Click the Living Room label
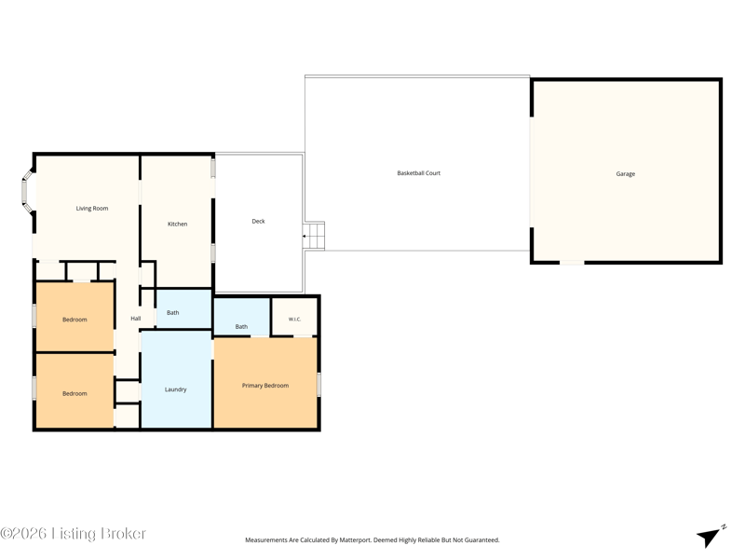92,208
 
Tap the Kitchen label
178,224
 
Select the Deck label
259,221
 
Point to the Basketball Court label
418,173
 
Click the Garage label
625,174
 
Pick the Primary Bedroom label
265,386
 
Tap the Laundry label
176,389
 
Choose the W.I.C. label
294,319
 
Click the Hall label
136,319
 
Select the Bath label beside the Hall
173,313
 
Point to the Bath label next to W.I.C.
241,327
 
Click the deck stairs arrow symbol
305,236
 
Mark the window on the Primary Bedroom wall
318,385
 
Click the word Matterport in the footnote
355,540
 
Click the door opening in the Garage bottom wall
572,262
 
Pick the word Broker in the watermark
124,533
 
